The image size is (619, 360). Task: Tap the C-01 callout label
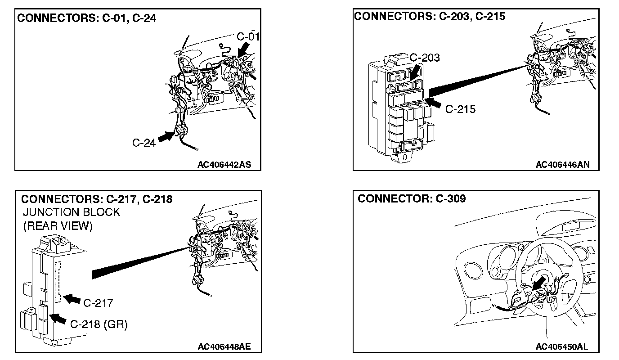(x=248, y=36)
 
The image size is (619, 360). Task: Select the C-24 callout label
(x=144, y=143)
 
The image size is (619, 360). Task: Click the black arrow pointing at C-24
(x=166, y=137)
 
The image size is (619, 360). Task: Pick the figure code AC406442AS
(x=224, y=165)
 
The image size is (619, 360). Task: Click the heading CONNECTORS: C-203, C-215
(x=430, y=17)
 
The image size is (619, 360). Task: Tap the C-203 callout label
(x=425, y=58)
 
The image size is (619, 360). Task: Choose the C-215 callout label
(x=460, y=109)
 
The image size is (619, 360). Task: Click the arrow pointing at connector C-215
(x=434, y=103)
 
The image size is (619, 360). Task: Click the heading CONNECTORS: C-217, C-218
(x=97, y=199)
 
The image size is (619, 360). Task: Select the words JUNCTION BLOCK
(x=72, y=212)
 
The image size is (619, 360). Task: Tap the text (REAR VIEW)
(x=58, y=226)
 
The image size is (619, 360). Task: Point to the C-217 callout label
(x=98, y=302)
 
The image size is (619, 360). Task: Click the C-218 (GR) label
(x=99, y=324)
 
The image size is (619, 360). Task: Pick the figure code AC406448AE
(x=224, y=346)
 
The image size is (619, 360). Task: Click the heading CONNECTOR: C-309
(x=412, y=198)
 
